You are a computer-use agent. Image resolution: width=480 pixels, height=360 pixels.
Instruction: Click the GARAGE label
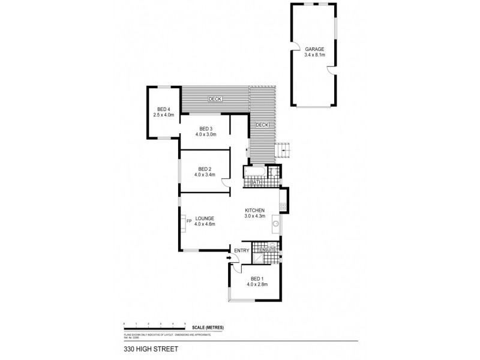click(x=314, y=50)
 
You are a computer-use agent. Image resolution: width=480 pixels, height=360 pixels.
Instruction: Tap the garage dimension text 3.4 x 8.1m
click(x=314, y=55)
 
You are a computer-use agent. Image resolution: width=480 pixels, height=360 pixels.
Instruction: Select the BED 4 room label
click(x=163, y=109)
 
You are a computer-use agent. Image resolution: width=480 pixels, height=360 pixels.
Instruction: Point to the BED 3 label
click(x=205, y=128)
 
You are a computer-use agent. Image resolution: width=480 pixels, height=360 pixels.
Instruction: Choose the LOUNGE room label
click(x=205, y=218)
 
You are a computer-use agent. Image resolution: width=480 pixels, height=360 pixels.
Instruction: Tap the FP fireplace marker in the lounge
click(x=188, y=222)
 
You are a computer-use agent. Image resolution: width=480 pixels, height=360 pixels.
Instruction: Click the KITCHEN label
click(x=255, y=209)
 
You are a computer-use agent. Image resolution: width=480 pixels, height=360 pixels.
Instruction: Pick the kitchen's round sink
click(x=277, y=225)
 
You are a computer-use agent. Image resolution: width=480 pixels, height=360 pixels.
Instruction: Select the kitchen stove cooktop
click(x=283, y=206)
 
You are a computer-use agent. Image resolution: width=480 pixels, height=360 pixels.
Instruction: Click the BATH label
click(x=256, y=182)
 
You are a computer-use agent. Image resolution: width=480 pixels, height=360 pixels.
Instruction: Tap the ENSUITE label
click(x=267, y=249)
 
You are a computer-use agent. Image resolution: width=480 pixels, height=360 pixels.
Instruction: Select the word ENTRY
click(x=241, y=251)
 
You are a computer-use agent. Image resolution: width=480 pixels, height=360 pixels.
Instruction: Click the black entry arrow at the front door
click(x=230, y=259)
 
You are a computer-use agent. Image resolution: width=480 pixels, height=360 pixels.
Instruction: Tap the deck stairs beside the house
click(x=283, y=151)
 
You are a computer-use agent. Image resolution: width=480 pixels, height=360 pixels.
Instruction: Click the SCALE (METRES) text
click(x=208, y=327)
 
